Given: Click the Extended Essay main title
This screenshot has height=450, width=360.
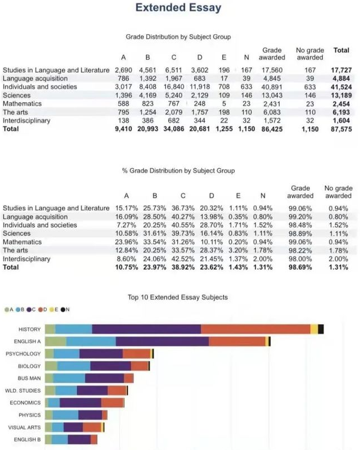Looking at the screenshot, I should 178,8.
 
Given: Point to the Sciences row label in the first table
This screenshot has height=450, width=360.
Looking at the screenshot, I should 17,95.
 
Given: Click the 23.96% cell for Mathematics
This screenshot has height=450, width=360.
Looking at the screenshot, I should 126,242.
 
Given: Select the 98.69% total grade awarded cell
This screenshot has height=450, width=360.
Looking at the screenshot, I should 301,267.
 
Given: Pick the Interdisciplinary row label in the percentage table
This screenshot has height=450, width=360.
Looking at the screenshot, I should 26,259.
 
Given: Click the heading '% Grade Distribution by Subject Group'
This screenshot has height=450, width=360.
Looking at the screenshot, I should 178,171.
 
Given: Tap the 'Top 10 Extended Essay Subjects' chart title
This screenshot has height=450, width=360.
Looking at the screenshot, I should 178,297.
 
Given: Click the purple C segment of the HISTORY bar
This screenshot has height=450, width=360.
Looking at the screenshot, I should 146,329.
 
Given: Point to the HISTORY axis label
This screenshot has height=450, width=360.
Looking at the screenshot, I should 29,329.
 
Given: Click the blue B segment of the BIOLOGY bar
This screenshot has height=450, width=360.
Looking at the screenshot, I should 73,366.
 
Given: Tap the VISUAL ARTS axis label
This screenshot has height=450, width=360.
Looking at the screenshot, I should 24,428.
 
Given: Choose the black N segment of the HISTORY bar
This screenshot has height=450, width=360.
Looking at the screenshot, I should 321,329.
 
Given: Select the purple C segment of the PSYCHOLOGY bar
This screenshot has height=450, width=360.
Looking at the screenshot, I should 101,354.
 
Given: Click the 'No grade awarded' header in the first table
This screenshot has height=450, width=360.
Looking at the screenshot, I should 310,54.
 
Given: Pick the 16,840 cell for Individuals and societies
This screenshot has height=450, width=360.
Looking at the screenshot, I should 174,87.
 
